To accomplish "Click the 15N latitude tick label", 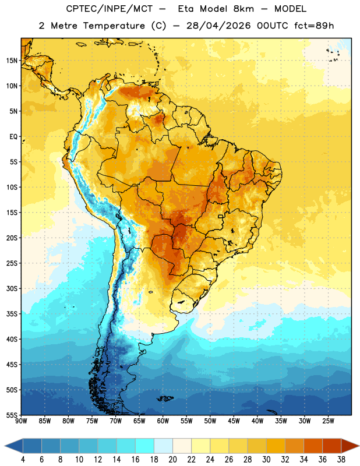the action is pos(12,61).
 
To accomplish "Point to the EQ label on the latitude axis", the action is pos(13,137).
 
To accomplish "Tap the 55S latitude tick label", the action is pos(12,415).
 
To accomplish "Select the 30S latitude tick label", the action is pos(12,288).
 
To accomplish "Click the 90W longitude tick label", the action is pos(21,421).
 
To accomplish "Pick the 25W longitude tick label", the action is pos(328,421).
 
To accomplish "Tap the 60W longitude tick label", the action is pos(163,421).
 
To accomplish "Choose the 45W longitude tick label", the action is pos(234,421).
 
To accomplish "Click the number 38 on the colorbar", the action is pos(341,460).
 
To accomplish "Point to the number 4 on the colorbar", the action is pos(23,460).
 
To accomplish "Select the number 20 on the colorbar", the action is pos(172,460).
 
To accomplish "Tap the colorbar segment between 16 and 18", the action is pos(145,446).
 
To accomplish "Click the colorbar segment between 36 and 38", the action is pos(332,446).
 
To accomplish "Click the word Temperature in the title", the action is pos(114,26).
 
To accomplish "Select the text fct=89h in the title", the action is pos(314,26).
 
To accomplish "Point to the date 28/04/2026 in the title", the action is pos(218,26).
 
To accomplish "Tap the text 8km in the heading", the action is pos(243,9).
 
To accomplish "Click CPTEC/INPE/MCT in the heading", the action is pos(110,9).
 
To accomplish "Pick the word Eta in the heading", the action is pos(186,9).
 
